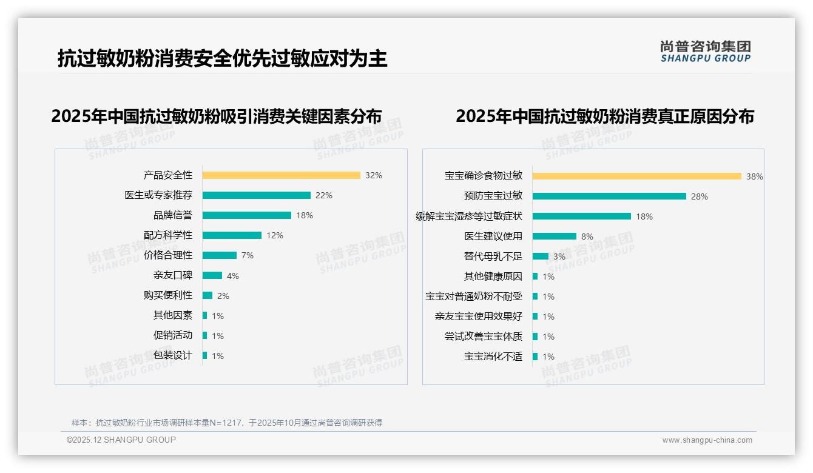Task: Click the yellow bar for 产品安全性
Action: click(x=281, y=175)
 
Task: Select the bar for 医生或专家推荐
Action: click(x=256, y=195)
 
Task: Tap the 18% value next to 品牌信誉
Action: click(x=305, y=215)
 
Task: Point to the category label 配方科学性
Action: click(x=168, y=235)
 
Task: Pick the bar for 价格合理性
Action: click(x=219, y=255)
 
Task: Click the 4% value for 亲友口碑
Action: click(x=233, y=276)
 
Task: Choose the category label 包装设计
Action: click(x=173, y=355)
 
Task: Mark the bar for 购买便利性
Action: click(x=207, y=295)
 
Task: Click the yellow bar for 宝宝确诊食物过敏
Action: click(x=636, y=176)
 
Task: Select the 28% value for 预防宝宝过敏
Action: click(x=700, y=196)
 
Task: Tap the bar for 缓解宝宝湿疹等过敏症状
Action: click(x=581, y=216)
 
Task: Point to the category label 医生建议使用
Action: click(x=493, y=236)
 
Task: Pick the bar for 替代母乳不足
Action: click(x=541, y=257)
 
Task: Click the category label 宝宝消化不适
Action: click(x=493, y=357)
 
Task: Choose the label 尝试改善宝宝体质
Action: click(x=484, y=337)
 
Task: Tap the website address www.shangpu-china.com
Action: click(x=707, y=440)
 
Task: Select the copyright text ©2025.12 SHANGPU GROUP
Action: click(x=121, y=440)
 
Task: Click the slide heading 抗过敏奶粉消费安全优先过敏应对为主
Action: click(x=223, y=59)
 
